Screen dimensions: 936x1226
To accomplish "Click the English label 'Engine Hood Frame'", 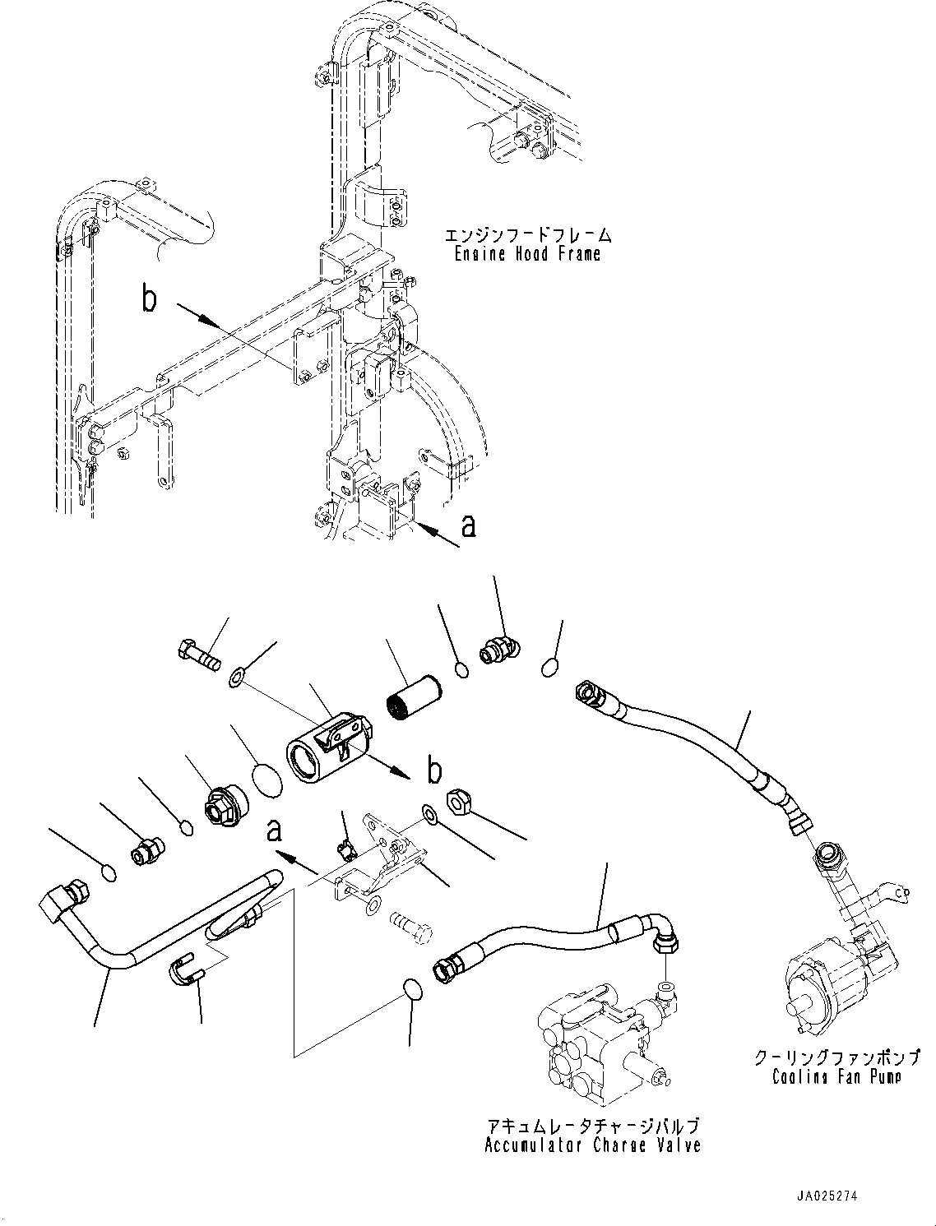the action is click(x=526, y=255).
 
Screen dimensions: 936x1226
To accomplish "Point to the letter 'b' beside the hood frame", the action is click(x=149, y=298).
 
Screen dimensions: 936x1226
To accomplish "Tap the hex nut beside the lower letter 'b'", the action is click(x=460, y=803).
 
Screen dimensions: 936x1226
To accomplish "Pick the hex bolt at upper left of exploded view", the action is click(x=198, y=654).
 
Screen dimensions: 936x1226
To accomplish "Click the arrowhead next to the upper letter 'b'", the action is click(x=210, y=323).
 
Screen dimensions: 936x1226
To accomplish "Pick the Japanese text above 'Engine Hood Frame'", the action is click(x=528, y=234).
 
